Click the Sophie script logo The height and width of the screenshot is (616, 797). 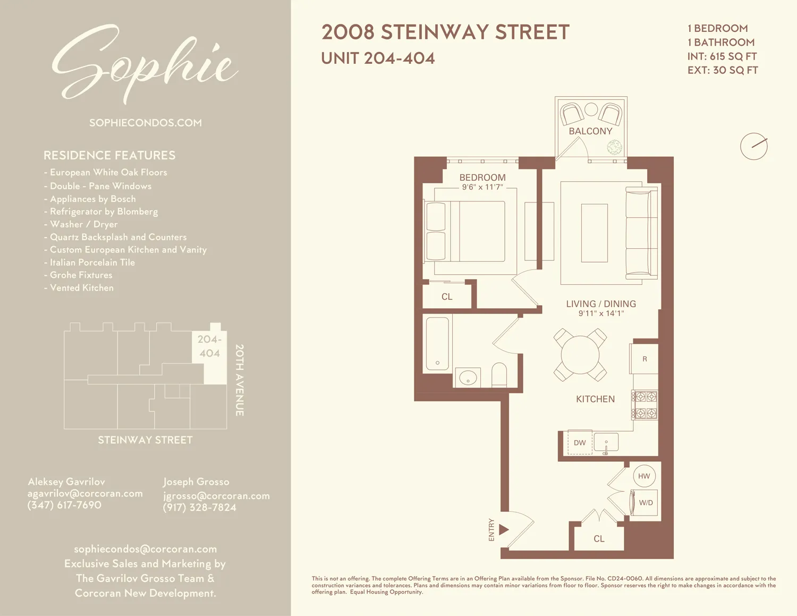click(145, 64)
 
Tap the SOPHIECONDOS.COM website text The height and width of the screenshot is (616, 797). click(145, 123)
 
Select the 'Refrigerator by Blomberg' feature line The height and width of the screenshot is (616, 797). click(104, 212)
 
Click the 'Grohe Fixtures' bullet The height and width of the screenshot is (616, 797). click(81, 275)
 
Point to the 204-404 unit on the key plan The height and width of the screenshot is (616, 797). click(210, 347)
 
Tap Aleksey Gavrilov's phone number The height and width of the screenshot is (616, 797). click(64, 505)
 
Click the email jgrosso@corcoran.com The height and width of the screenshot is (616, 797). click(216, 495)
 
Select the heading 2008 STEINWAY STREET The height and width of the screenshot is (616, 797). click(445, 32)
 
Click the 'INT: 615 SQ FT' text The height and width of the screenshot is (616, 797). click(722, 56)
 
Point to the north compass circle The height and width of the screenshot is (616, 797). click(754, 146)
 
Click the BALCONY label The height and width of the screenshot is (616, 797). click(590, 131)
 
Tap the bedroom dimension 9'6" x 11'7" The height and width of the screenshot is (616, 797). click(482, 187)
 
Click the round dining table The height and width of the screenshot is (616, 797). click(580, 355)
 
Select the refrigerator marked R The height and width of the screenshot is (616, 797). click(645, 359)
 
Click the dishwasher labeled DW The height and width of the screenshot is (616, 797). click(580, 443)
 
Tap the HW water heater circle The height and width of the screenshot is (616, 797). click(644, 476)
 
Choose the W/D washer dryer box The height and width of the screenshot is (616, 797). click(646, 503)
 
